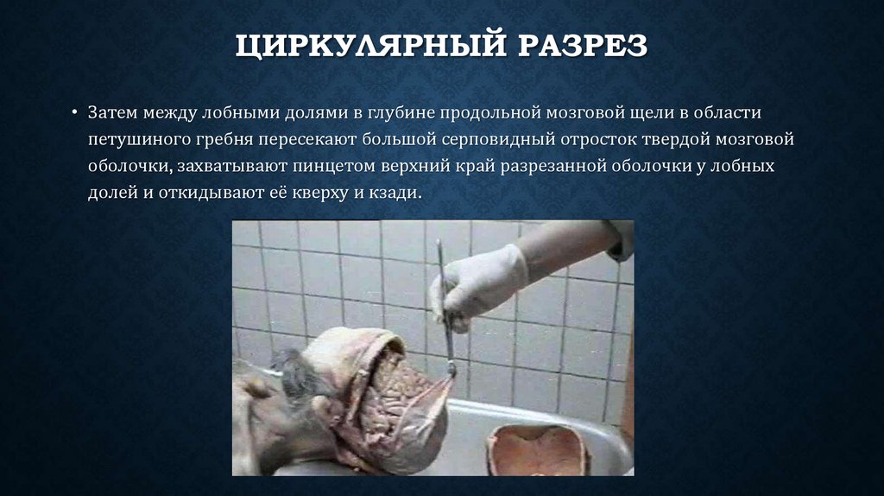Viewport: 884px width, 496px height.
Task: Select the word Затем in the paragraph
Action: click(110, 113)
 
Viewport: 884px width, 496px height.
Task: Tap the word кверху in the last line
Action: click(333, 191)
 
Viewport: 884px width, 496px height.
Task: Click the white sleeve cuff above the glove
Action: click(618, 239)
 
